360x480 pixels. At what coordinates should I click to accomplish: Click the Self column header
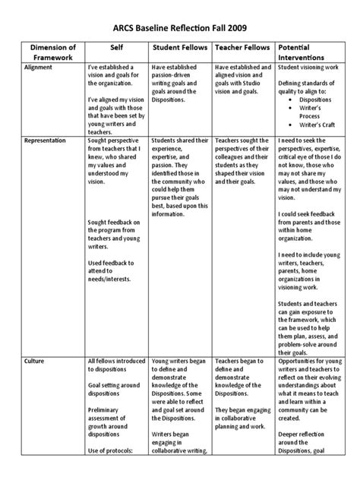(115, 46)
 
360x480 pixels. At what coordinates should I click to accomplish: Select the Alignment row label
(39, 67)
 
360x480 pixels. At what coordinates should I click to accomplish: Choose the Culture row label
(35, 362)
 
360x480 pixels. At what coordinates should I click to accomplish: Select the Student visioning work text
(305, 67)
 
